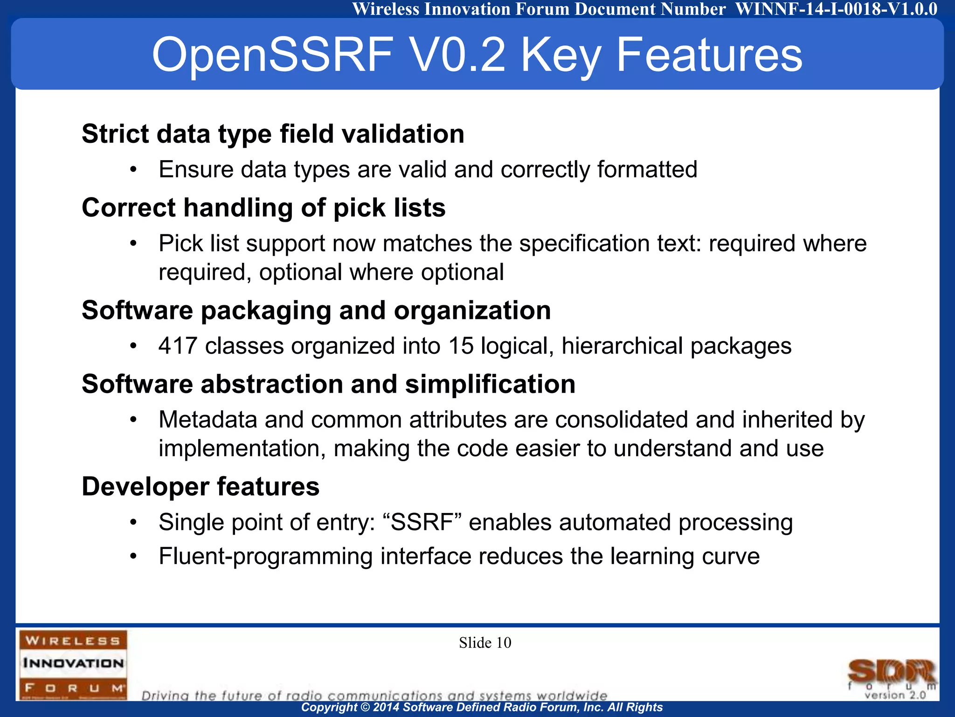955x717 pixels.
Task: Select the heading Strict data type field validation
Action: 273,134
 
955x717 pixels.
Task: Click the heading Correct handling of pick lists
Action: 263,208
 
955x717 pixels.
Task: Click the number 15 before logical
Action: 461,346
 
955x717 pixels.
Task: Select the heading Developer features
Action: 201,487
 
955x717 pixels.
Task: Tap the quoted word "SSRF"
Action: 422,522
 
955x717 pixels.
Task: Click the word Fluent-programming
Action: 265,556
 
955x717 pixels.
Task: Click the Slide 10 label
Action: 485,643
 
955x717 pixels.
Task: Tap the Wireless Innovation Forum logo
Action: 73,664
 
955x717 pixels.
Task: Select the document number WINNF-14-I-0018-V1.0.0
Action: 836,9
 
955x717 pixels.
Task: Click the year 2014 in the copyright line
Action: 386,707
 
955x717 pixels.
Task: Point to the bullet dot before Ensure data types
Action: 133,170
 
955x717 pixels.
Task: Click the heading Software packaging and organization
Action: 316,310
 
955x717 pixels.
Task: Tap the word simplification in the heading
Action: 490,384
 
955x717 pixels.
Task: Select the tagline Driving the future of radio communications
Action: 374,696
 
